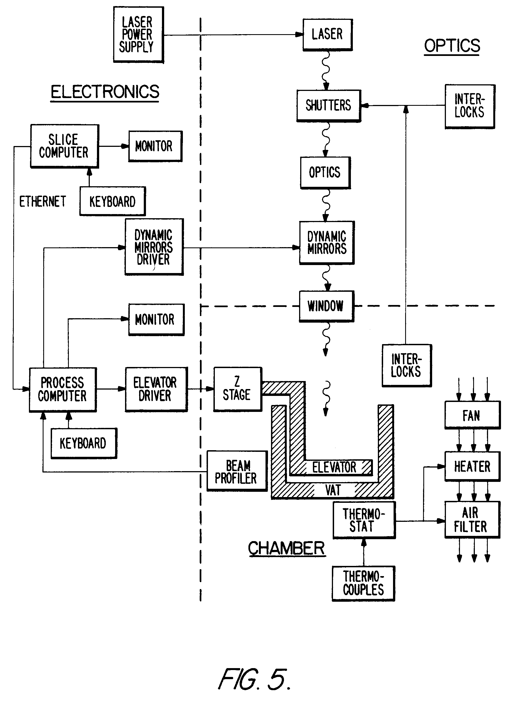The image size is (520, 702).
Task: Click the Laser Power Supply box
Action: point(138,35)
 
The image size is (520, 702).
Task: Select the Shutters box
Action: point(328,106)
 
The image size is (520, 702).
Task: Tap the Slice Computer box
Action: point(64,146)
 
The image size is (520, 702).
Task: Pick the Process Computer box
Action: point(62,389)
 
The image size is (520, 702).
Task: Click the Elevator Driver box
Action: point(156,389)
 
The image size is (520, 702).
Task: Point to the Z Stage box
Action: point(237,389)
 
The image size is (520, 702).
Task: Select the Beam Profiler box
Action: point(236,471)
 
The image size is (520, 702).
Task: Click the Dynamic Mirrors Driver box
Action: point(154,247)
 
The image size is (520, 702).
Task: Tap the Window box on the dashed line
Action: point(326,306)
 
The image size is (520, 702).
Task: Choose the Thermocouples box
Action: point(363,583)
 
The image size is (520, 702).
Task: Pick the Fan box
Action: point(472,415)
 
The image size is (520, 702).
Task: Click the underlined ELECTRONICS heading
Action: point(105,92)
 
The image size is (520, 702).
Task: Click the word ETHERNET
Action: point(42,201)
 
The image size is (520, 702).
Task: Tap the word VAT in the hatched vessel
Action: point(333,490)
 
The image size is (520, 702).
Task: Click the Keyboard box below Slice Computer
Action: point(112,201)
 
